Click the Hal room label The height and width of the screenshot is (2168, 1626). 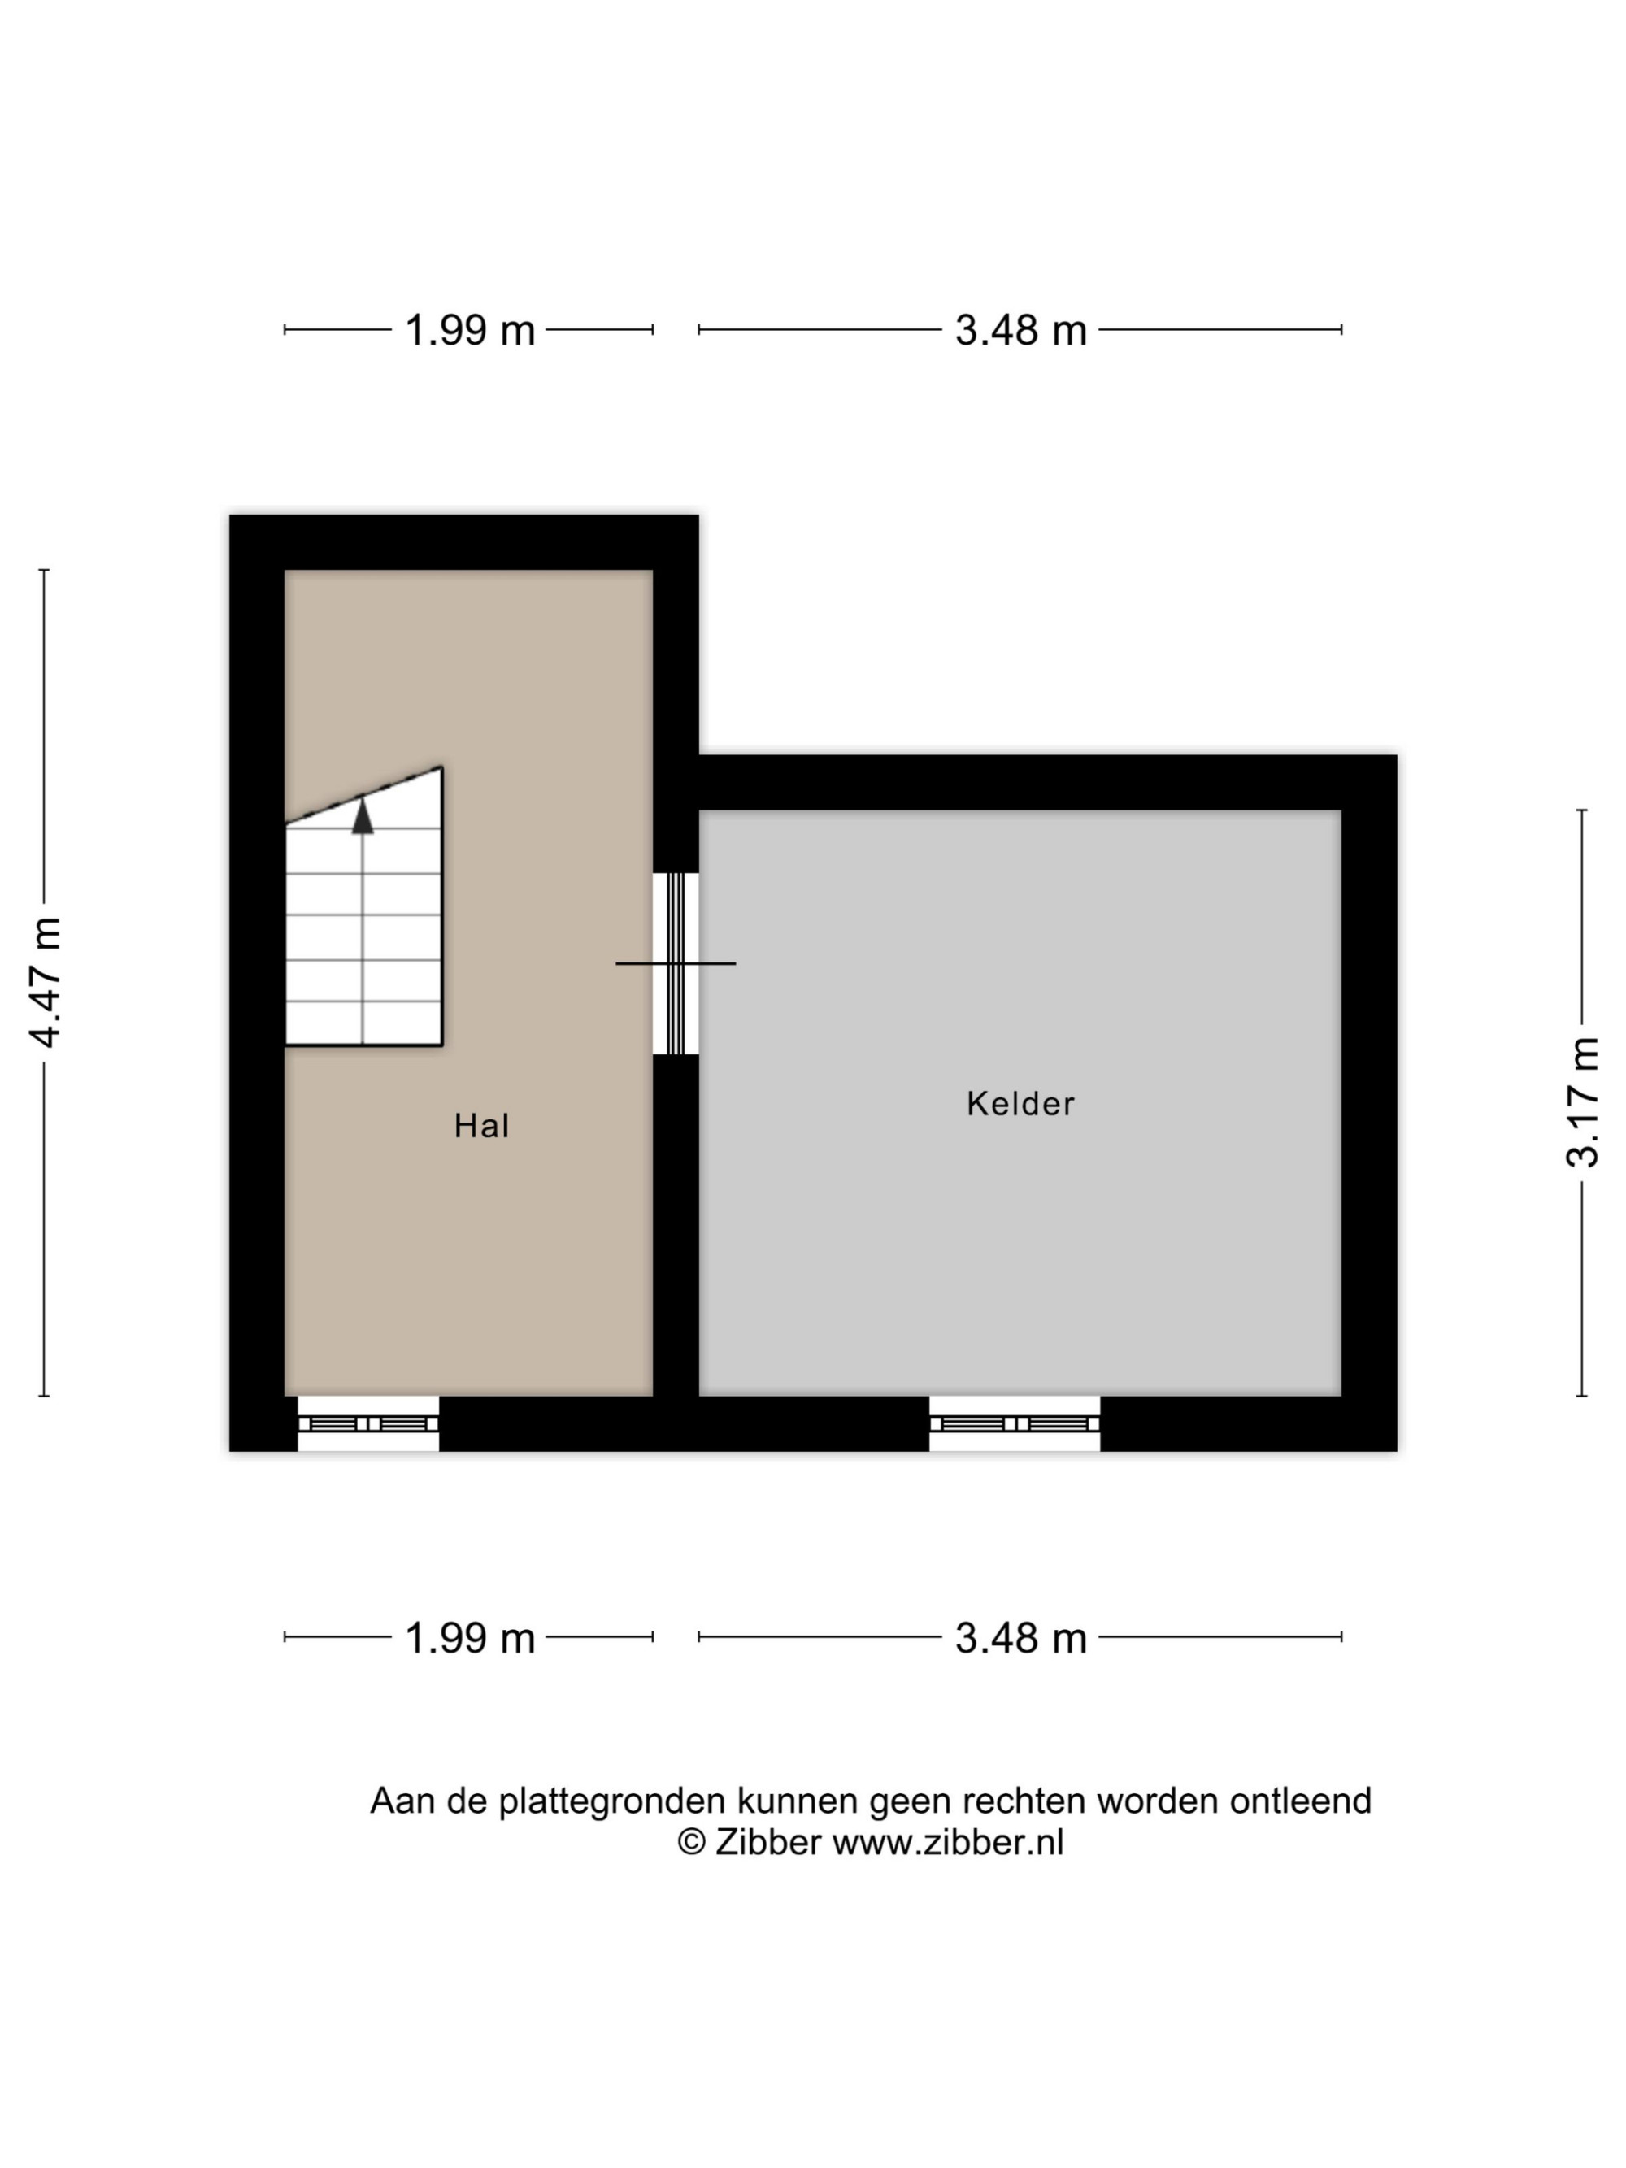[x=481, y=1125]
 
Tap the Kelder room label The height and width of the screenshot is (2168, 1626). [x=1020, y=1104]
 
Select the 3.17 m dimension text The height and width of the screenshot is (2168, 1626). [x=1581, y=1102]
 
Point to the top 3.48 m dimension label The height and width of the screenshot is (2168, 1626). [x=1020, y=330]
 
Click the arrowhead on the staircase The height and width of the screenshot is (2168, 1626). [x=363, y=815]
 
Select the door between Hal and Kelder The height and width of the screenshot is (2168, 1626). [x=676, y=963]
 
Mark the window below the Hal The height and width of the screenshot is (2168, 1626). [x=367, y=1423]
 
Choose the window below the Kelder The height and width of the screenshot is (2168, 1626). [x=1015, y=1423]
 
